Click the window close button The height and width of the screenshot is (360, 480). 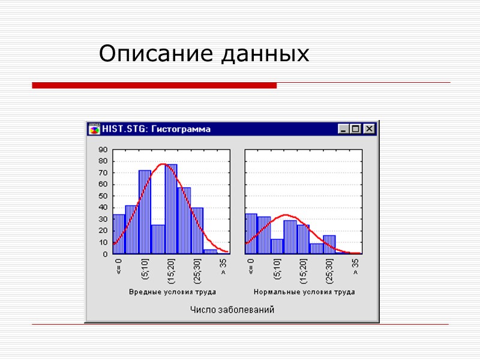click(369, 129)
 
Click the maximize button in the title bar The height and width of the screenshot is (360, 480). click(356, 129)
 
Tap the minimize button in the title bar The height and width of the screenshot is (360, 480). click(343, 129)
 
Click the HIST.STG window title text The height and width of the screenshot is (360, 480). click(156, 129)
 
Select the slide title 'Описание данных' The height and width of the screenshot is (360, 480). click(204, 54)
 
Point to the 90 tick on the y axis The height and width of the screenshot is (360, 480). click(103, 150)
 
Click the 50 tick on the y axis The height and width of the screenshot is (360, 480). click(103, 196)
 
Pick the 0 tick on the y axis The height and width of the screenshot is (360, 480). click(105, 254)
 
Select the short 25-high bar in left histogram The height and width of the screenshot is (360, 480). click(158, 239)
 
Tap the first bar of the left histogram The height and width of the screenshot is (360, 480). click(119, 234)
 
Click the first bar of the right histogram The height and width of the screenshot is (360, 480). click(251, 233)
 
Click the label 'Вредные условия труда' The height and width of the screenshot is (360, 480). click(172, 292)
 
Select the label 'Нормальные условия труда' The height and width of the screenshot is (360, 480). click(304, 292)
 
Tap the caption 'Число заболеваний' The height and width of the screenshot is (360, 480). click(232, 310)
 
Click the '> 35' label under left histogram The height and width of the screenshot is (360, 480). click(223, 266)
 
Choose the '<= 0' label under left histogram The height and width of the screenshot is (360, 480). click(119, 267)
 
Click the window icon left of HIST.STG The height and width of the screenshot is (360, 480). click(94, 129)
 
